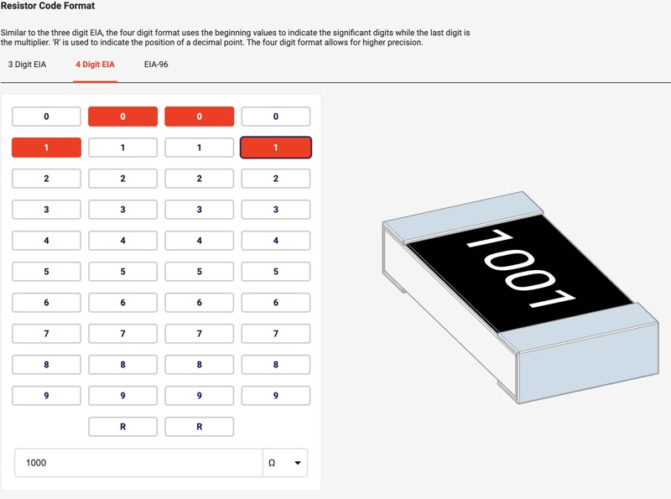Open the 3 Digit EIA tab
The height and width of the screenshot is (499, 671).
coord(27,65)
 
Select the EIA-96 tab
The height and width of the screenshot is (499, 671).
coord(156,65)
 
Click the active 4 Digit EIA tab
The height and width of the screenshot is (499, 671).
coord(95,65)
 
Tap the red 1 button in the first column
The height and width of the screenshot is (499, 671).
coord(46,148)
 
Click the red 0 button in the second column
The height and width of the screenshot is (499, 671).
coord(122,117)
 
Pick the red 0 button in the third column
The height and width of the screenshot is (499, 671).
coord(200,117)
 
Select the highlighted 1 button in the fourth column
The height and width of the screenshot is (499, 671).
coord(276,148)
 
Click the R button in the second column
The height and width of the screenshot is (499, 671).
coord(122,427)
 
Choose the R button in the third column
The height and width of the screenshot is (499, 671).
coord(200,427)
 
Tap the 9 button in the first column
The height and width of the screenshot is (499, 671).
coord(46,396)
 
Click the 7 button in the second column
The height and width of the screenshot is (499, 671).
coord(122,334)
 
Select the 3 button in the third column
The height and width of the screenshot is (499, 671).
coord(200,210)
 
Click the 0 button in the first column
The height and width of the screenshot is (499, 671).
coord(46,117)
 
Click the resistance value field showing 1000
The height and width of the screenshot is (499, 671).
coord(138,463)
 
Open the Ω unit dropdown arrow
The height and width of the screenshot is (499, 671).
coord(298,463)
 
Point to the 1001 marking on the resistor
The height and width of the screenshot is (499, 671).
coord(520,268)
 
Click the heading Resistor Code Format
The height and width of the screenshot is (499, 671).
coord(48,6)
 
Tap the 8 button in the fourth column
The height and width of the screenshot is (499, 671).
coord(276,365)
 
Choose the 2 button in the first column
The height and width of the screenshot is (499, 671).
coord(46,179)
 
